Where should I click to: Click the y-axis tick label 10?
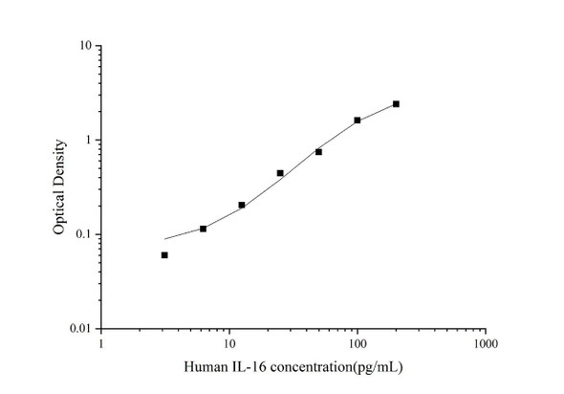pyautogui.click(x=85, y=46)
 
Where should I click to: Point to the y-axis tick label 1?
pyautogui.click(x=88, y=141)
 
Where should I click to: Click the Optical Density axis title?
pyautogui.click(x=60, y=186)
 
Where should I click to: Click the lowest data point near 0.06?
pyautogui.click(x=164, y=255)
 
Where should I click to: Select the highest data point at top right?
pyautogui.click(x=396, y=103)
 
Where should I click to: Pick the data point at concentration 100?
pyautogui.click(x=358, y=120)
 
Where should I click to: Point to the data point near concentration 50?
pyautogui.click(x=318, y=152)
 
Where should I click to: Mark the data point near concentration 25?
pyautogui.click(x=280, y=173)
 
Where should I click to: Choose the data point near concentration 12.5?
pyautogui.click(x=242, y=205)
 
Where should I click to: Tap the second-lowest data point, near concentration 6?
pyautogui.click(x=204, y=229)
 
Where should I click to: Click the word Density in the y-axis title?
pyautogui.click(x=60, y=163)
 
